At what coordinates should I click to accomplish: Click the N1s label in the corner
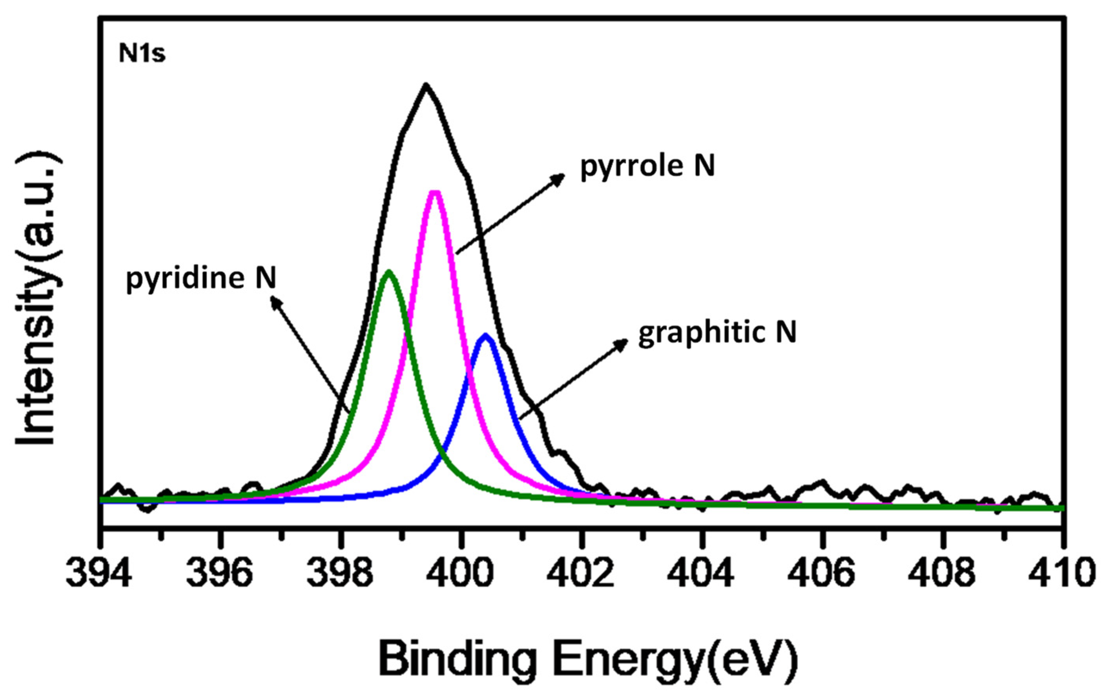[x=142, y=54]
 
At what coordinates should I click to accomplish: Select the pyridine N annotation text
[x=201, y=279]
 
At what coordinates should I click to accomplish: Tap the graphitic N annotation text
[x=717, y=332]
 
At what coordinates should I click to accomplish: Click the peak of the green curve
[x=389, y=272]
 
